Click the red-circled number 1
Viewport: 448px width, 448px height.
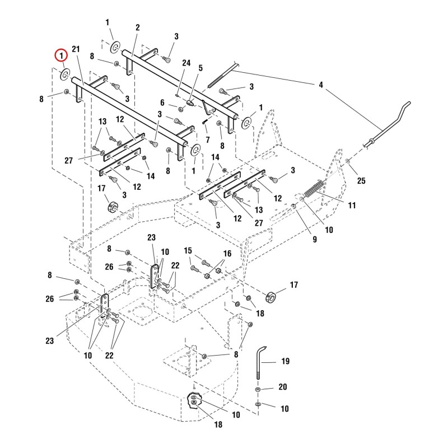click(x=61, y=55)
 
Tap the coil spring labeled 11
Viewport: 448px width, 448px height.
click(x=314, y=188)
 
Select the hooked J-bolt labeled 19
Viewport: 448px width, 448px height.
click(x=260, y=362)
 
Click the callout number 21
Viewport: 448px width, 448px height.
click(x=76, y=49)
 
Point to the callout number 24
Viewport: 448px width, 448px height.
click(x=186, y=63)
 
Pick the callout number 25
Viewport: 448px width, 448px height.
click(x=361, y=180)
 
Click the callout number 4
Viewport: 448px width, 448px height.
click(x=321, y=85)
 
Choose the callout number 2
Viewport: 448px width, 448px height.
click(x=137, y=27)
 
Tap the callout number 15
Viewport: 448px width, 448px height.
click(x=188, y=250)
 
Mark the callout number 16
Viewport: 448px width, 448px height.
click(x=227, y=254)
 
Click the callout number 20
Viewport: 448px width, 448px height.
click(x=283, y=386)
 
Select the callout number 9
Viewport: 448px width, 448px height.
click(x=315, y=239)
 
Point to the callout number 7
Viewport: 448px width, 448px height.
click(x=208, y=139)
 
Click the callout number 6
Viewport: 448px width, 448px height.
click(x=162, y=102)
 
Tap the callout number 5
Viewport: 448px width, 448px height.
click(x=200, y=68)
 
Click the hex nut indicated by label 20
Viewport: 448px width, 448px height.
click(x=258, y=389)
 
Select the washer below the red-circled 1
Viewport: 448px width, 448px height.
click(x=65, y=74)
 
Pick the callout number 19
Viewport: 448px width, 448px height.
click(x=286, y=361)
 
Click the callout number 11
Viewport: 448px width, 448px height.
click(x=352, y=205)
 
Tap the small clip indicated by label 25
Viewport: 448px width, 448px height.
click(x=348, y=162)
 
